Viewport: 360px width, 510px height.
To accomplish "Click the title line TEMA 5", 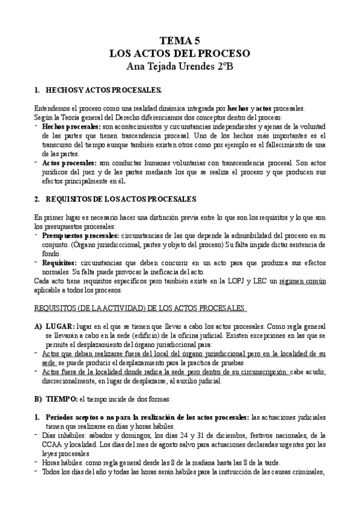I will (x=180, y=41).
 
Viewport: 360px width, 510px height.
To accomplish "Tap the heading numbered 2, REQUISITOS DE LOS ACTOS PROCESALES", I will (x=120, y=198).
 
